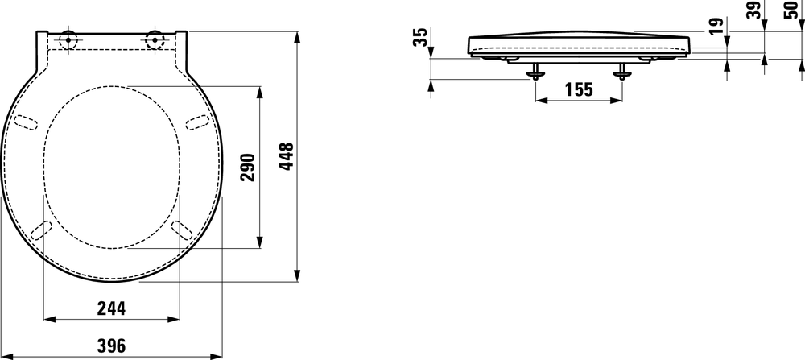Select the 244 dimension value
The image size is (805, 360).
(x=111, y=308)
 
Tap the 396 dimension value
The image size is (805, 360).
(x=111, y=345)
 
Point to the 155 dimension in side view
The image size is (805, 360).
(x=578, y=89)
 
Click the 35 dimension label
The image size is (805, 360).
(x=419, y=38)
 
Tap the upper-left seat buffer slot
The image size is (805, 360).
(x=27, y=121)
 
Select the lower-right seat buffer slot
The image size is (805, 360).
(x=182, y=229)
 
